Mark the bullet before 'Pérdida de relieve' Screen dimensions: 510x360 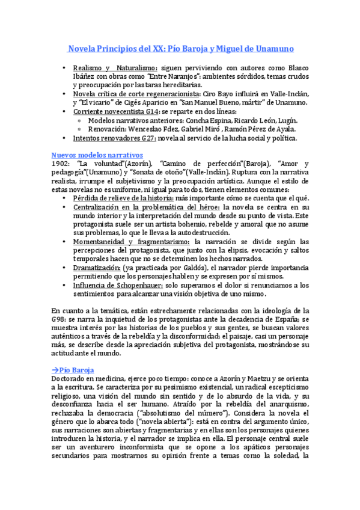pyautogui.click(x=64, y=198)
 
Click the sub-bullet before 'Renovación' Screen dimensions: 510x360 pyautogui.click(x=80, y=129)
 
